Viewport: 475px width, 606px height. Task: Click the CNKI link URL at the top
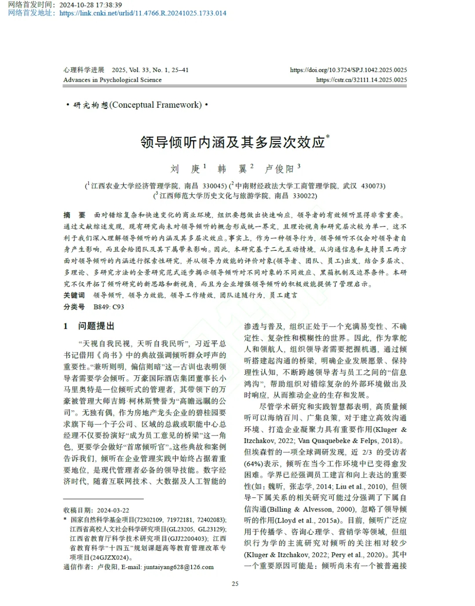click(x=142, y=13)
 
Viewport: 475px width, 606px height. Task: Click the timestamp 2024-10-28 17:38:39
click(x=91, y=5)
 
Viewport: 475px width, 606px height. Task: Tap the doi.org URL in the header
click(x=348, y=70)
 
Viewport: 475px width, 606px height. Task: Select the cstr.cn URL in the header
click(x=361, y=80)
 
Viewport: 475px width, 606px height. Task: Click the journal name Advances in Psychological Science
click(x=112, y=80)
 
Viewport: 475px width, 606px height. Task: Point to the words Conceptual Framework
click(x=156, y=105)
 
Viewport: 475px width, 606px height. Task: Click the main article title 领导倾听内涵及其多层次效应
click(x=233, y=142)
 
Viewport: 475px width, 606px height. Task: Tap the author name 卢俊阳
click(x=279, y=169)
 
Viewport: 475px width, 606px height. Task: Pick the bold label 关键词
click(x=74, y=295)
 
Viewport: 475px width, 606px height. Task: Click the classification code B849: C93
click(x=109, y=307)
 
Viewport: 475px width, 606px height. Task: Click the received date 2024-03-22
click(x=113, y=510)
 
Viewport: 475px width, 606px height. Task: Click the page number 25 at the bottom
click(x=235, y=584)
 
